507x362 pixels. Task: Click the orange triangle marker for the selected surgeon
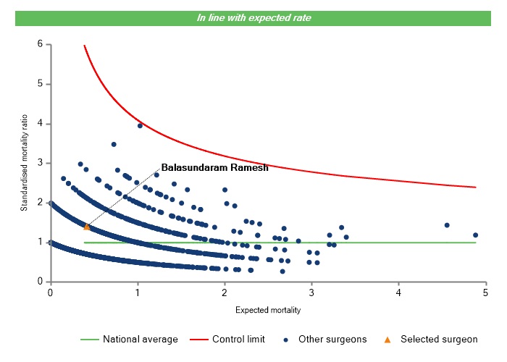pos(87,227)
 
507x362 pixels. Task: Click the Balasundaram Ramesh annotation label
pos(214,167)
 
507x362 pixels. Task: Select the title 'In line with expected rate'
pos(253,17)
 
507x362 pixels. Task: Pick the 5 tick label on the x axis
pos(486,292)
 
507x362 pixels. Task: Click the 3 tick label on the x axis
pos(311,292)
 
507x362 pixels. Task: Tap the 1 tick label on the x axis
pos(137,292)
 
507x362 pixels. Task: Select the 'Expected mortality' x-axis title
pos(268,310)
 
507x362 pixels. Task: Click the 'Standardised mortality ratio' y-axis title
pos(24,164)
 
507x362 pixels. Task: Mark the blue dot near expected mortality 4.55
pos(447,225)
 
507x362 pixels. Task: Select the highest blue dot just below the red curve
pos(140,125)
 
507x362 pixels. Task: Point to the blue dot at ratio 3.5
pos(114,144)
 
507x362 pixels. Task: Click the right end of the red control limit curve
pos(476,187)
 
